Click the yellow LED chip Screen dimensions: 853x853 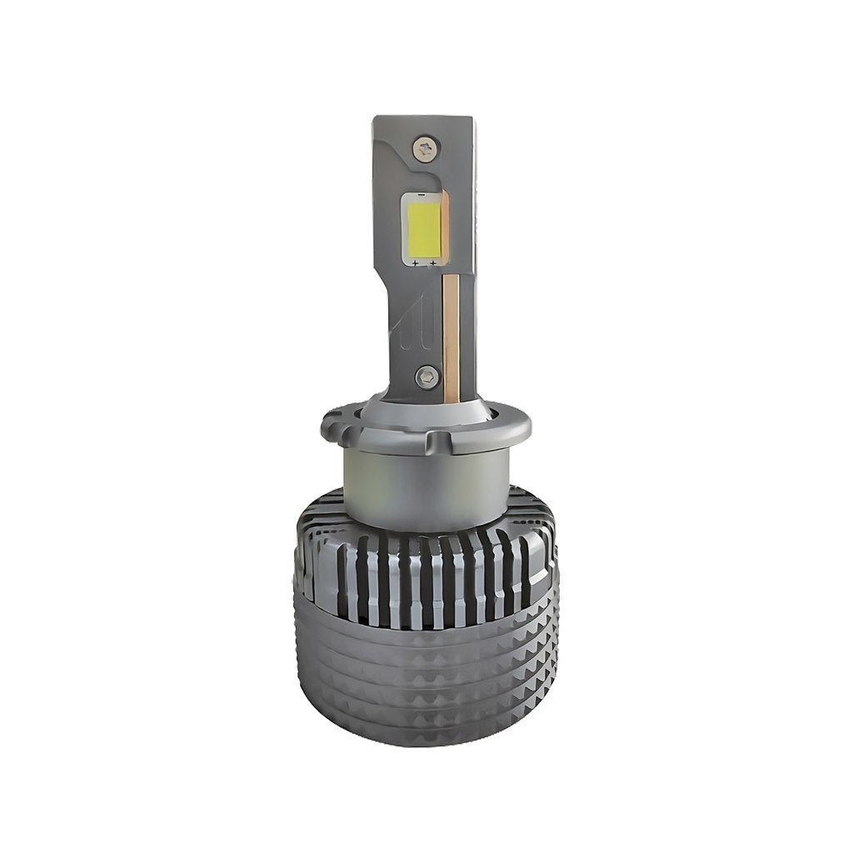(424, 227)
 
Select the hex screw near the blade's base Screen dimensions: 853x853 (426, 376)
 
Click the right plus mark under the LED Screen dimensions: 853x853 (433, 263)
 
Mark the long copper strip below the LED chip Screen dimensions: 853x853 (451, 333)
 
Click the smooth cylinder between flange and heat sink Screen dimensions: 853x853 (424, 491)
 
